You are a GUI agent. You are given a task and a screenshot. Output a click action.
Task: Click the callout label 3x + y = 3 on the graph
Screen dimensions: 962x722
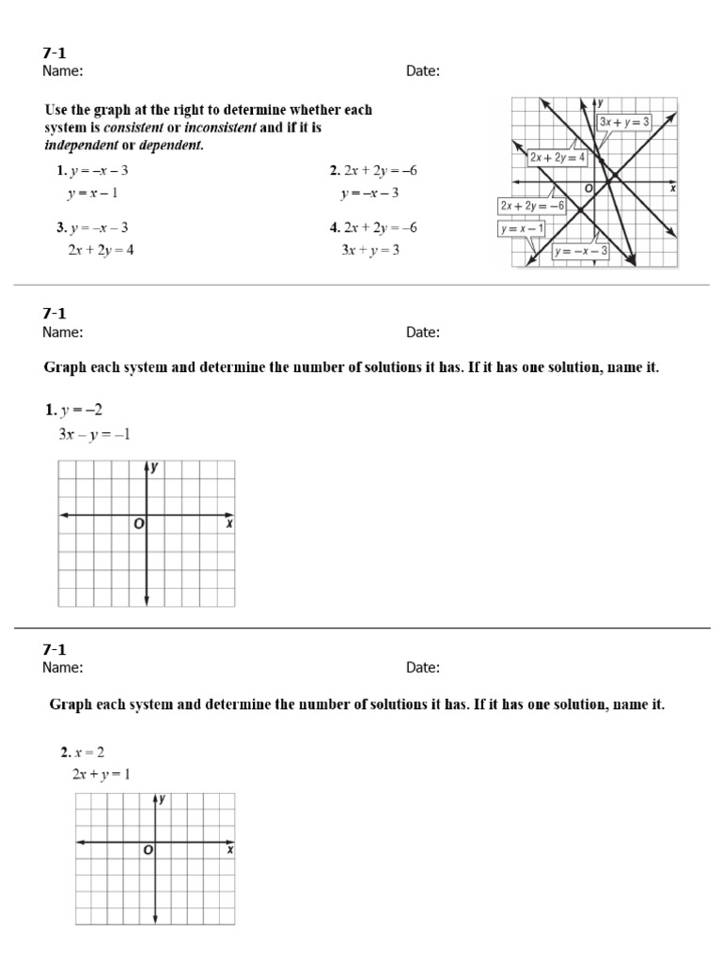(x=625, y=122)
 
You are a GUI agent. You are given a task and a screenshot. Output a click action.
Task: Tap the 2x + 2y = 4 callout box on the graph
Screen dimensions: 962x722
(x=557, y=158)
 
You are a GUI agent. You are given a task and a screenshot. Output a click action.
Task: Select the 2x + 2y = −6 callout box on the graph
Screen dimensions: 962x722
(x=532, y=205)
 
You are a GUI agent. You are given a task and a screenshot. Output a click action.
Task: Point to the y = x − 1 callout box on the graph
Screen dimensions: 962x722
(x=522, y=228)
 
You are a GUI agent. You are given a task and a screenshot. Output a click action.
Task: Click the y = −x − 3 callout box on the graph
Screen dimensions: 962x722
(x=581, y=251)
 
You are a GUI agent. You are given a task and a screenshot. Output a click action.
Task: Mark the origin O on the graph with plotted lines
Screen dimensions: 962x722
(x=589, y=188)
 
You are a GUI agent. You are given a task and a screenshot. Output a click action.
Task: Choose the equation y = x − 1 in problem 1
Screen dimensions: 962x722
(x=92, y=193)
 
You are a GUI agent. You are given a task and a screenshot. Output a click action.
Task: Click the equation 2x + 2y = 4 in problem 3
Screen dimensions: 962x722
(x=101, y=250)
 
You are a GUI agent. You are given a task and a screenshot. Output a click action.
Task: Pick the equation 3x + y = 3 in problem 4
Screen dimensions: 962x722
(x=370, y=250)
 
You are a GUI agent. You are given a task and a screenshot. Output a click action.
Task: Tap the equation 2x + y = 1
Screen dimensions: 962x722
(x=101, y=774)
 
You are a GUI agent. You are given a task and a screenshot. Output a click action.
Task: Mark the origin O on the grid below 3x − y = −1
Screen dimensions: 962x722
(x=138, y=524)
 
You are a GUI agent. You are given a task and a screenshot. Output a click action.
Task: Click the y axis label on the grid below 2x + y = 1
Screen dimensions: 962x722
(x=164, y=799)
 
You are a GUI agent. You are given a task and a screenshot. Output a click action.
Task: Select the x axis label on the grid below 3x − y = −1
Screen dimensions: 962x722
(x=228, y=524)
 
